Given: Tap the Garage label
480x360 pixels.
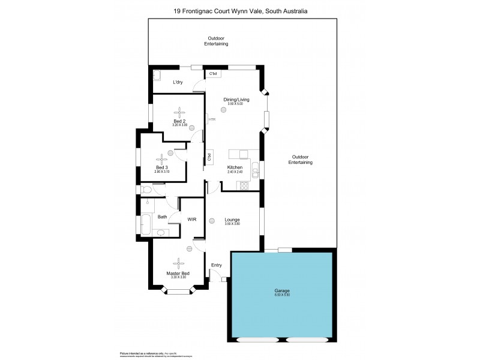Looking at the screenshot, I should [x=281, y=291].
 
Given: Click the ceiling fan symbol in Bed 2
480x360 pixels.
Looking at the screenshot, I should [x=180, y=112].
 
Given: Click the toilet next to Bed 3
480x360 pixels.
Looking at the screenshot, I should [x=148, y=189].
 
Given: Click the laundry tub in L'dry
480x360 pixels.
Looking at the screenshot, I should [x=157, y=76].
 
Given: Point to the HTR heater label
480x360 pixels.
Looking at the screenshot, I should [x=212, y=119].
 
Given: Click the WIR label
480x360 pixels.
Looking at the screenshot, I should [x=192, y=220].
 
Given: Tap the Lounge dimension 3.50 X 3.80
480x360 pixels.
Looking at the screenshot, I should [x=232, y=224].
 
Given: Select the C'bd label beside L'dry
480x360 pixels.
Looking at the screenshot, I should [x=213, y=74].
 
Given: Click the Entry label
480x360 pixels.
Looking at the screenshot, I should [x=217, y=265].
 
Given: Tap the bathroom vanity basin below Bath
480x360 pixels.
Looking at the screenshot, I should [x=160, y=232].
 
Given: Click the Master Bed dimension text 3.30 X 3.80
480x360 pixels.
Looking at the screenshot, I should [x=178, y=277].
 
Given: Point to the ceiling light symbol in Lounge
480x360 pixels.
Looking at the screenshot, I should [x=212, y=220].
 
